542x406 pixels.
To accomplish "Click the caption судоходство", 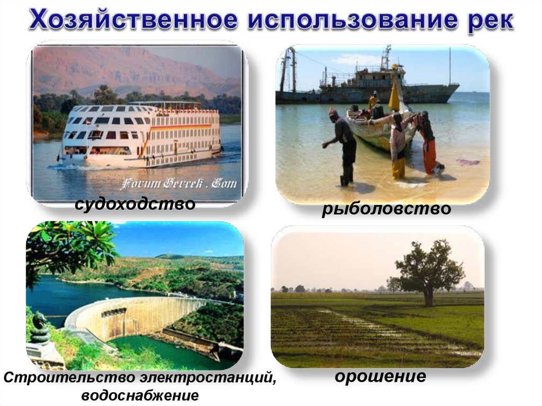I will click(135, 203).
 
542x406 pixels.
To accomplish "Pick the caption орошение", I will click(380, 376).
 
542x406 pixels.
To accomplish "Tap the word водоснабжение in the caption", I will click(140, 395).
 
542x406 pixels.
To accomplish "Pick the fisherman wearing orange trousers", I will click(428, 143).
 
